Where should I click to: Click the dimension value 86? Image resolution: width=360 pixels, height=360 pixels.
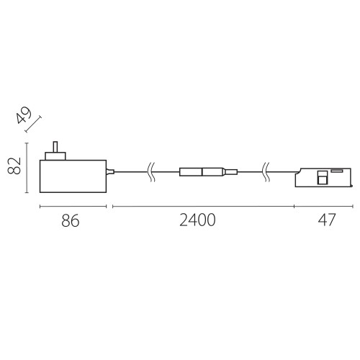(x=69, y=221)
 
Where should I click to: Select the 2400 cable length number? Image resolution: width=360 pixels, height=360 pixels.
(x=197, y=221)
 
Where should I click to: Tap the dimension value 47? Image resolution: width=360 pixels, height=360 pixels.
(x=325, y=221)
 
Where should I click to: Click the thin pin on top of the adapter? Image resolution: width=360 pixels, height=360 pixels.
(x=54, y=146)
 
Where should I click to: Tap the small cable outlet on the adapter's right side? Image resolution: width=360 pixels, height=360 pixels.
(x=110, y=171)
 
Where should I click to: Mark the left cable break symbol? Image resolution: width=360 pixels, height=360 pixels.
(x=150, y=171)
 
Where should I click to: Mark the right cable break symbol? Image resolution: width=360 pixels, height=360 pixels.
(x=266, y=171)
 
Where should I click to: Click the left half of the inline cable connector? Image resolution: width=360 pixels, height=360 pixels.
(x=192, y=171)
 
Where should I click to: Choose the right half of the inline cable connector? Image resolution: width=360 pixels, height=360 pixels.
(x=213, y=171)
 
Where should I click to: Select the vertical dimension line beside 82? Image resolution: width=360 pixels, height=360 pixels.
(x=27, y=168)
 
